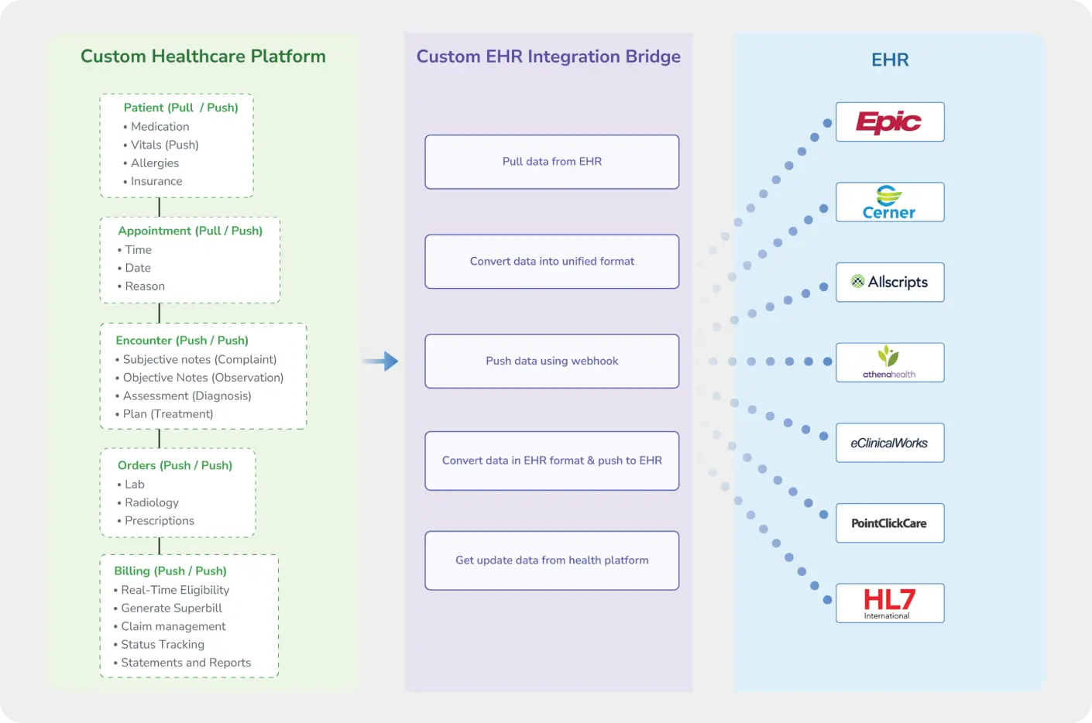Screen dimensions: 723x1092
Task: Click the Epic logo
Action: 889,122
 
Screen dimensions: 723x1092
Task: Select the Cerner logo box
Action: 889,202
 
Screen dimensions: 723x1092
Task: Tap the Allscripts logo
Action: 889,283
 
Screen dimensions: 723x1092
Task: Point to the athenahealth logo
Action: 889,362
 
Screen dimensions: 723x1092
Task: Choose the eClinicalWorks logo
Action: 889,443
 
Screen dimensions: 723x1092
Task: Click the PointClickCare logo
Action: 889,523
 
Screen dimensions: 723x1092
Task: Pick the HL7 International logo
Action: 889,603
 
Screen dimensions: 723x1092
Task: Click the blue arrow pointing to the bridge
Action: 381,361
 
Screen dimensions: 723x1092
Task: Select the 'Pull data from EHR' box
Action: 551,162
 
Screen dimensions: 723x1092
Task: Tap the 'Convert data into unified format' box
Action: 551,262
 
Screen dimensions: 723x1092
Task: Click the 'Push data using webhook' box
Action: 551,361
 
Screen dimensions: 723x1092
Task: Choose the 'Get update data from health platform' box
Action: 551,560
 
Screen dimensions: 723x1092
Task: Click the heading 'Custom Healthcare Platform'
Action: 203,57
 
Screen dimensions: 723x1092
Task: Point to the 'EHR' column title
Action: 890,60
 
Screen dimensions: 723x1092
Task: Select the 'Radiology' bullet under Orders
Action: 152,503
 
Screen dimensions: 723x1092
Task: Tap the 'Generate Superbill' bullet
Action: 171,608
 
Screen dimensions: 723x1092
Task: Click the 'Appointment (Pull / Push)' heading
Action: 190,231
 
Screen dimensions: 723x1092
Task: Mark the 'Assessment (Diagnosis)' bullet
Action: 187,396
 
